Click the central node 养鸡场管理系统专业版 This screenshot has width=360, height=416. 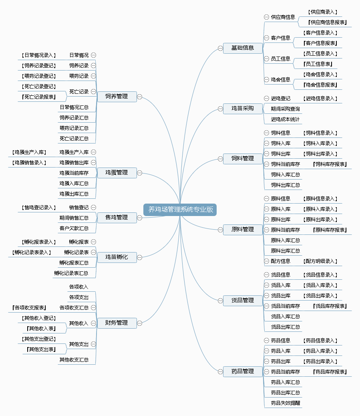point(180,210)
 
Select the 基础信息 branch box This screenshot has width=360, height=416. point(243,48)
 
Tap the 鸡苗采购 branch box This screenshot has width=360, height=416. point(243,109)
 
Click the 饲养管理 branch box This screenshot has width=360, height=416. point(117,97)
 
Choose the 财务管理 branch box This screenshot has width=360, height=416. point(117,323)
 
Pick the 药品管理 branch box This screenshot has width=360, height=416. point(243,372)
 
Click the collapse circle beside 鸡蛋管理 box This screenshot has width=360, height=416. point(140,173)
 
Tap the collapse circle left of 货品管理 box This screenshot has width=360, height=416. point(220,301)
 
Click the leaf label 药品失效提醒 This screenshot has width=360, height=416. point(286,403)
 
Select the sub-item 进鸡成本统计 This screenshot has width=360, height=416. point(285,119)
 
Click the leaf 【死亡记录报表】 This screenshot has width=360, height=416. point(39,97)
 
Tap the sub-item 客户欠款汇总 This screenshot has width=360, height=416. point(74,228)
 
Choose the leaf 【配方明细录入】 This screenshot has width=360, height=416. point(320,261)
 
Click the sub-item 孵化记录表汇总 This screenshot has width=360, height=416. point(71,273)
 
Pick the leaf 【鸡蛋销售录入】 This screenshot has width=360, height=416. point(29,163)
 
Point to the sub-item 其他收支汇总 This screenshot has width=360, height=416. point(74,360)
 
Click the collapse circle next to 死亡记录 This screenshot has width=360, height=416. point(93,91)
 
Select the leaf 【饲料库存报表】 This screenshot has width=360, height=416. point(330,164)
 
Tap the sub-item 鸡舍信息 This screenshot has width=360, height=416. point(280,80)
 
